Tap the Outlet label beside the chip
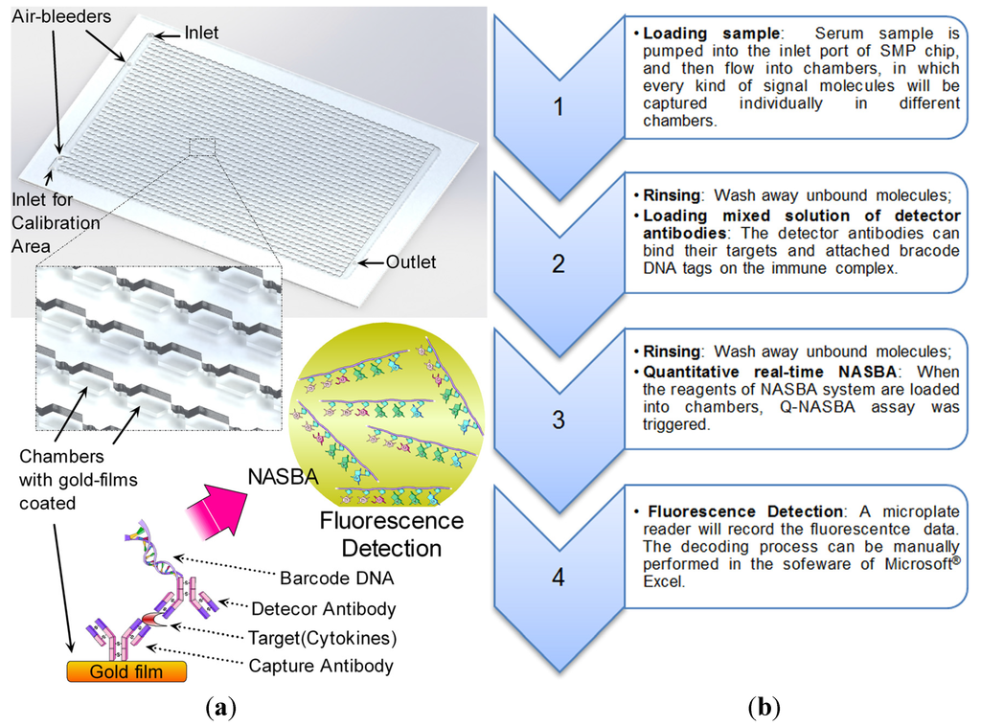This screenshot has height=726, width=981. pos(411,262)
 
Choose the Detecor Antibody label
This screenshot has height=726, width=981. pos(323,608)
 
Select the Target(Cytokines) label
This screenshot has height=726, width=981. pos(323,638)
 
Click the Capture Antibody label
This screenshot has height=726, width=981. pos(322,667)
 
